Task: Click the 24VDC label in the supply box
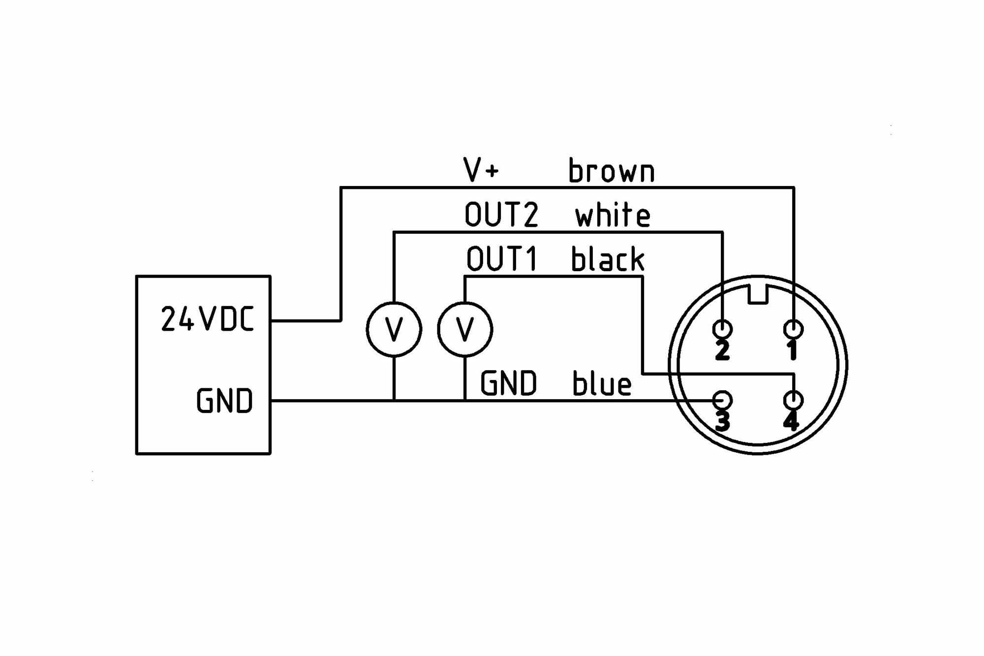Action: (207, 319)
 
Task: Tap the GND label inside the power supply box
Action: (224, 401)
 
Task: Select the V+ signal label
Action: (481, 170)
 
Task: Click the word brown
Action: (611, 171)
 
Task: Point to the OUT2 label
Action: (501, 215)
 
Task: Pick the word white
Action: (613, 215)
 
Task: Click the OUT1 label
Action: (502, 259)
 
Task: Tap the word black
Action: (608, 259)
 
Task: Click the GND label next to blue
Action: (508, 384)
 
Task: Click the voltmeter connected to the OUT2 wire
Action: (394, 329)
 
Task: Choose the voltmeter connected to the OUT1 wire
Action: (465, 329)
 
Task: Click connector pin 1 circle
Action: (793, 328)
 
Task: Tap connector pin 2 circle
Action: (722, 328)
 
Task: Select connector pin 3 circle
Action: (722, 400)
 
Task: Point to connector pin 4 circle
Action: (793, 400)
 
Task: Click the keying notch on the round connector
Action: (758, 295)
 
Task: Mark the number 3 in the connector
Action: (722, 422)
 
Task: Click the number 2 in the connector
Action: (722, 350)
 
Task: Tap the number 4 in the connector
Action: (791, 422)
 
